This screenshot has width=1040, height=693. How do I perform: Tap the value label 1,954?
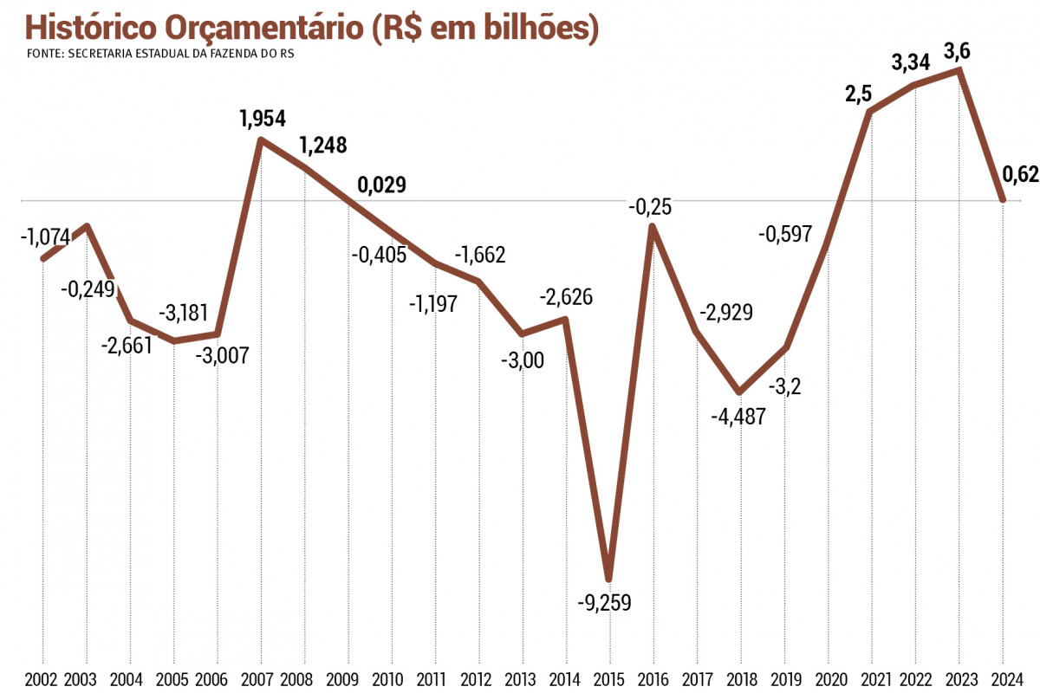pos(263,119)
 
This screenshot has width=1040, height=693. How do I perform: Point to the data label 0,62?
pos(1020,175)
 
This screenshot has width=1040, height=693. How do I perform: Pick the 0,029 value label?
pos(382,185)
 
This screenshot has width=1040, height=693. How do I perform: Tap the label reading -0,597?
pos(788,234)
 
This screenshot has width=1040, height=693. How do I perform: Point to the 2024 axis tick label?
pos(1003,679)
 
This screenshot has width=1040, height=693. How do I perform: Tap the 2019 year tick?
pos(784,679)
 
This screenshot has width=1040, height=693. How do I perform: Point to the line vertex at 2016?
pos(653,227)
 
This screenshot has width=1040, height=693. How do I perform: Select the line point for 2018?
pos(739,392)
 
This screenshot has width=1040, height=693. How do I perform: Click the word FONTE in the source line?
pos(43,53)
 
